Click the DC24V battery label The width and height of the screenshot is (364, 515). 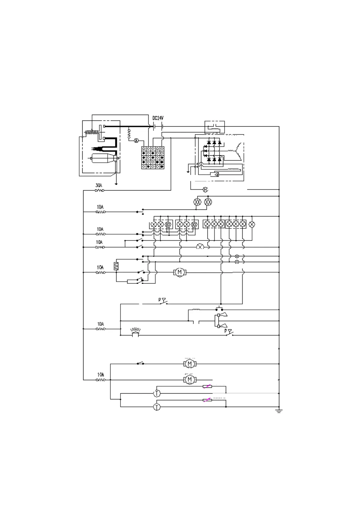158,118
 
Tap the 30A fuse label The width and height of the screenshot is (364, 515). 99,185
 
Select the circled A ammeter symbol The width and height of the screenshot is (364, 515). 137,140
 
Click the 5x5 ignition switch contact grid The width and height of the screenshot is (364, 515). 153,157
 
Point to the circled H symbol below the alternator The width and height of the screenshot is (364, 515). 206,190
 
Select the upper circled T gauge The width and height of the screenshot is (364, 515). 157,393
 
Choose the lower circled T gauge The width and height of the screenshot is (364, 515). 157,407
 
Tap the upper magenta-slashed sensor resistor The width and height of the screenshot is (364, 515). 207,387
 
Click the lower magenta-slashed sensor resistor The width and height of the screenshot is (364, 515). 207,400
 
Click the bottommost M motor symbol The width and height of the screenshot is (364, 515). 189,380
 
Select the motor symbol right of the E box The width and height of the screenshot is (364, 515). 179,272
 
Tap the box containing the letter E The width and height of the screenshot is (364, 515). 116,265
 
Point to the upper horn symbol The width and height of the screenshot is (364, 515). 222,315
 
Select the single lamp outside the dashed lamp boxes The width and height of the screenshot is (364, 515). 252,224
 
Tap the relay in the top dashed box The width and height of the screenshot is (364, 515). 214,127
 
